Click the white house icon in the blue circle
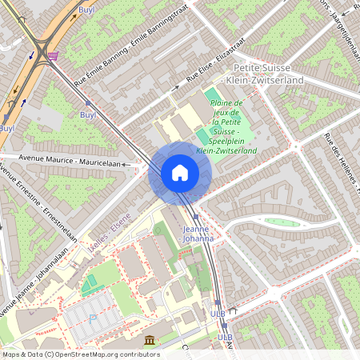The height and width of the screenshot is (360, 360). [x=180, y=173]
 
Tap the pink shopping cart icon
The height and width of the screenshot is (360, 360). [x=53, y=56]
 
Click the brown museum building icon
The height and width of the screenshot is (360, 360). [x=150, y=340]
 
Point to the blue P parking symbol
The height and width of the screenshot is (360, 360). [x=91, y=318]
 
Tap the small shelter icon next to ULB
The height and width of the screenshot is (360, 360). [x=234, y=309]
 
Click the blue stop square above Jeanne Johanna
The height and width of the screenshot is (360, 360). [x=195, y=217]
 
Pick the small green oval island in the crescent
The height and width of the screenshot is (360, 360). [x=282, y=222]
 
